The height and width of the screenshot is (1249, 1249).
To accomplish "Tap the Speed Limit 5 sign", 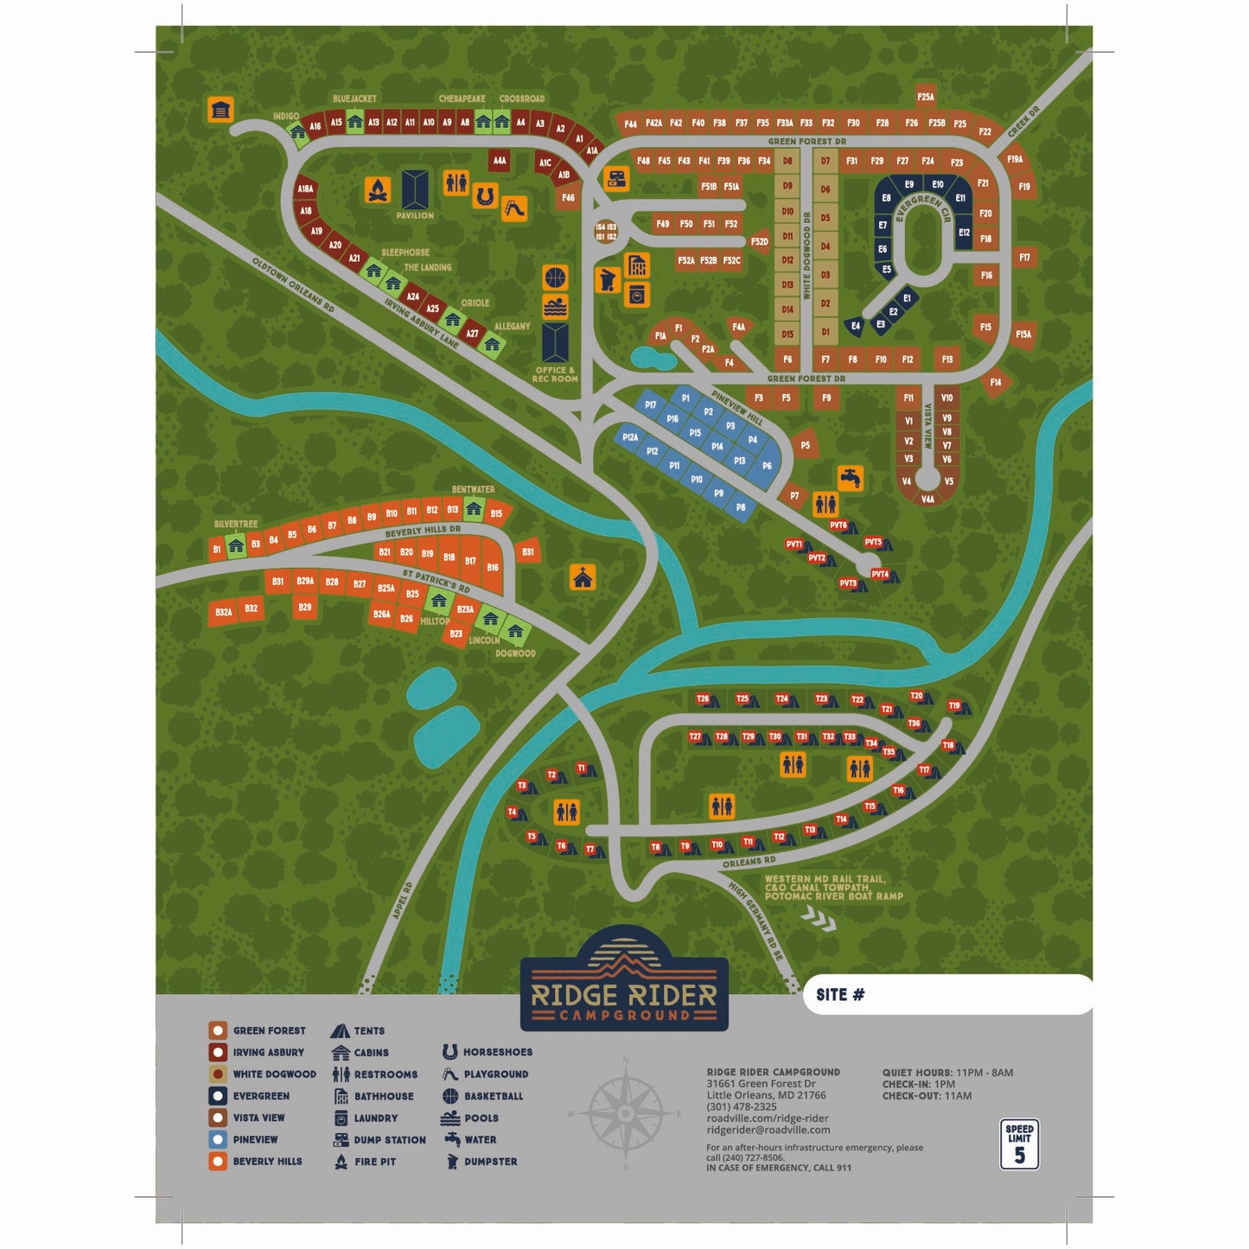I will (1019, 1144).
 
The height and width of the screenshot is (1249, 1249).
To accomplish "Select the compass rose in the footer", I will (625, 1112).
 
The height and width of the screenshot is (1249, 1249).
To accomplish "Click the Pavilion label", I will (415, 215).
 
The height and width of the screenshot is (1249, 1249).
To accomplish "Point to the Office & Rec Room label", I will (555, 374).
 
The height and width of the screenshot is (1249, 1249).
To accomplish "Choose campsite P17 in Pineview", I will (650, 405).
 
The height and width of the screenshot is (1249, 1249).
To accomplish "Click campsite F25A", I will (926, 97).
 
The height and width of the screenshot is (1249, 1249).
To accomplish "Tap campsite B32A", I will (224, 612).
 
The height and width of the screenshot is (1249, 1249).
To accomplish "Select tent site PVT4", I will (881, 574).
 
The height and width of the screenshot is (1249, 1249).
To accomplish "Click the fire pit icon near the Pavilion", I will (377, 190).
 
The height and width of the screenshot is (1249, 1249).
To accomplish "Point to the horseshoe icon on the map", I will (485, 196).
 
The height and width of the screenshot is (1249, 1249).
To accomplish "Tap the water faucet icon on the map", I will (851, 477).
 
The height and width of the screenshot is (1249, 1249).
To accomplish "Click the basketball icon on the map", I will (555, 278).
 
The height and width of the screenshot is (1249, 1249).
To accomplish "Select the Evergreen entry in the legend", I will (260, 1096).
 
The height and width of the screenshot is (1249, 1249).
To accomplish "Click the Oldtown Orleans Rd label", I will (293, 284).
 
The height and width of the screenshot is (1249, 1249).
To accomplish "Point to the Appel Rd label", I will (403, 900).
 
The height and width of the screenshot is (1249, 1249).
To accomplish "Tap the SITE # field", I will (946, 995).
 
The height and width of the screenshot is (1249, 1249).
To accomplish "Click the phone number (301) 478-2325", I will (741, 1106).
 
